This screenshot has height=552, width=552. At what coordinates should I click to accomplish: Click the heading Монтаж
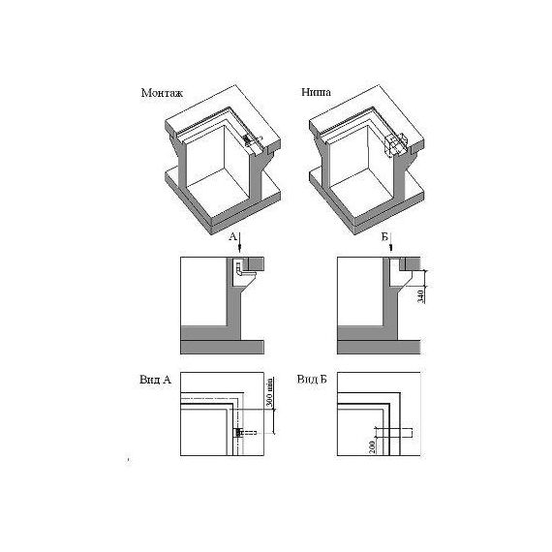(x=162, y=93)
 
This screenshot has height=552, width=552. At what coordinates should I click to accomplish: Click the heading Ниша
(x=316, y=92)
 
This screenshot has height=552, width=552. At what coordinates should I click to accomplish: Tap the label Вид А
(x=155, y=380)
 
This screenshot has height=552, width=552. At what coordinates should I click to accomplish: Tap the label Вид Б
(x=312, y=380)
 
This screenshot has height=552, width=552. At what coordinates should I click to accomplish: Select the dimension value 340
(x=420, y=296)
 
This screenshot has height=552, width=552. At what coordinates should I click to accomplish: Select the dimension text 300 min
(x=269, y=392)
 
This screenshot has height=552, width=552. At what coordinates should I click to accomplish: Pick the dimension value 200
(x=373, y=446)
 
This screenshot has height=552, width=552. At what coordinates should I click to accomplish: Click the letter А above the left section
(x=232, y=236)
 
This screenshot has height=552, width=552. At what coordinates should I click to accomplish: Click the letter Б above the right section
(x=384, y=237)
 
